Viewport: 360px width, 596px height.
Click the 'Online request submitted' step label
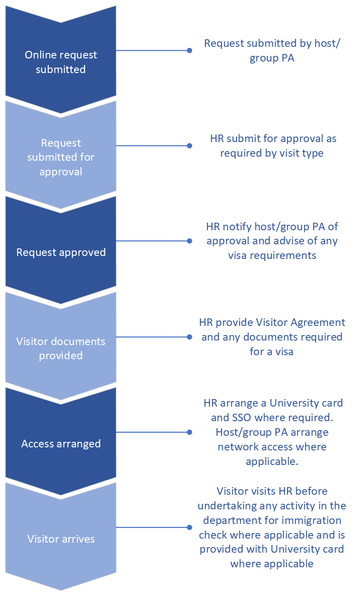(x=61, y=62)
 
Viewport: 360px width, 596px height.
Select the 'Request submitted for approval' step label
(x=61, y=157)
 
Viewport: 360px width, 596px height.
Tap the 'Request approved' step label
(x=61, y=252)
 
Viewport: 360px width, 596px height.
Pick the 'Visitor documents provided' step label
(x=61, y=348)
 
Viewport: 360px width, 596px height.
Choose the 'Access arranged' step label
(x=61, y=444)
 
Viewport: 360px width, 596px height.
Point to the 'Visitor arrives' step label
(x=61, y=539)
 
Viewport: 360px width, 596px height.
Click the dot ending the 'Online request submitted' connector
(x=189, y=50)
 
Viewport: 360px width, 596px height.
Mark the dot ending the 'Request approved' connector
(x=189, y=241)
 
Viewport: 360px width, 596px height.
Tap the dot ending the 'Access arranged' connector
(x=189, y=432)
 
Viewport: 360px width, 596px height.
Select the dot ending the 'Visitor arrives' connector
(x=189, y=527)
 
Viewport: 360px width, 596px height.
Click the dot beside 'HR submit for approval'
(x=189, y=146)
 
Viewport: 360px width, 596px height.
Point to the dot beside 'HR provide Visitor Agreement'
(x=189, y=337)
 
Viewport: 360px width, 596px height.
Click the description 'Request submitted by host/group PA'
(x=272, y=50)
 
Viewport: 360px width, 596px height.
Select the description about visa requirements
(x=272, y=241)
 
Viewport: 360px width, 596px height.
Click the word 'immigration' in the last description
(x=315, y=520)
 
